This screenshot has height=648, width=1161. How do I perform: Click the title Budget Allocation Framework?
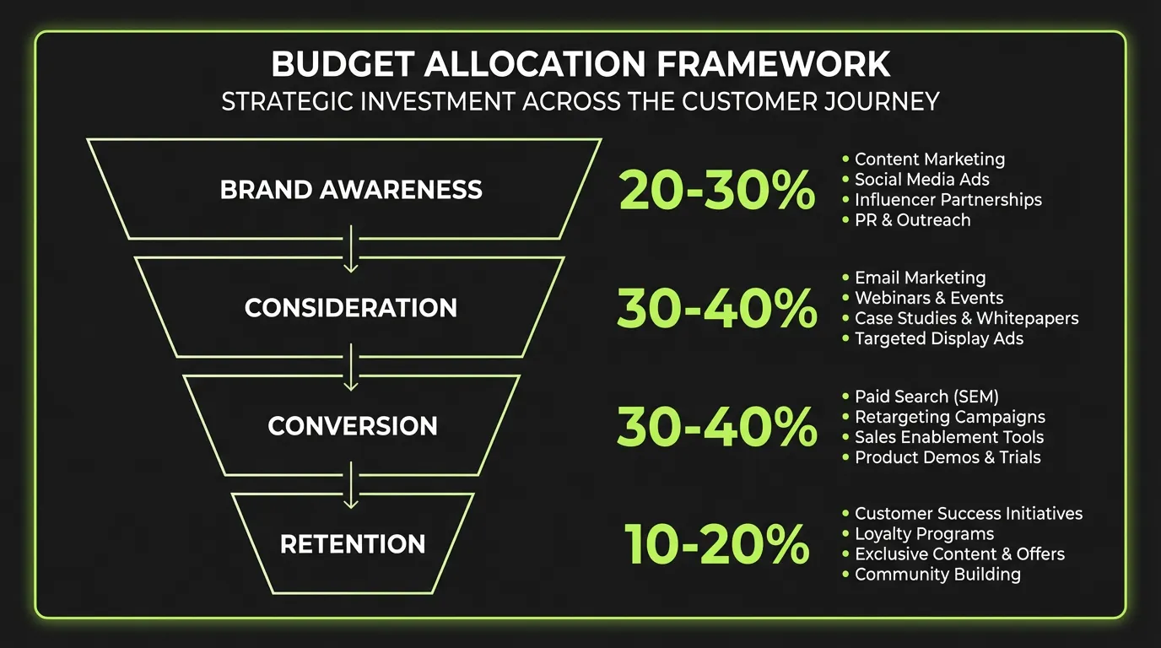[580, 65]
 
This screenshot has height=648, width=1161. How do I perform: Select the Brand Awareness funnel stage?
[351, 189]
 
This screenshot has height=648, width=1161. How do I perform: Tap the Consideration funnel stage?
[351, 307]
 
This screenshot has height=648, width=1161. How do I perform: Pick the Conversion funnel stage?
[352, 425]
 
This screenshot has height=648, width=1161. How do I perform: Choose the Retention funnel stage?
[352, 544]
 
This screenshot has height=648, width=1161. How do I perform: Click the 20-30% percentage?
[716, 191]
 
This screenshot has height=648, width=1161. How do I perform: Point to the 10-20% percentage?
[716, 545]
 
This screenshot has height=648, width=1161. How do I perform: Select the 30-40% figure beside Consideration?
[716, 309]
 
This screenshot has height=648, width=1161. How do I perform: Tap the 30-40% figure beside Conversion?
[716, 428]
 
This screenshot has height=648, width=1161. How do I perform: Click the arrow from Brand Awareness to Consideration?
[352, 249]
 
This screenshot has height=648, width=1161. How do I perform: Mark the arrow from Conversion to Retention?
[352, 486]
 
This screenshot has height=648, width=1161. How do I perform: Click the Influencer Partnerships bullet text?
[948, 200]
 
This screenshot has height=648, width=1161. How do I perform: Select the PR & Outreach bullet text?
[912, 220]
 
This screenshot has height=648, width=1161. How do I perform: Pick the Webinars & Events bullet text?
[929, 298]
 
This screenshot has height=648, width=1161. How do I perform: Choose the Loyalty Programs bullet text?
[924, 534]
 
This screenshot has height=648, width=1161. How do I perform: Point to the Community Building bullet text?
[937, 575]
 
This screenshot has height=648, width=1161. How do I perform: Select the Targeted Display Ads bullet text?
[939, 338]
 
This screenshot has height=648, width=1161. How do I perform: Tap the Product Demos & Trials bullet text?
[948, 457]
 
